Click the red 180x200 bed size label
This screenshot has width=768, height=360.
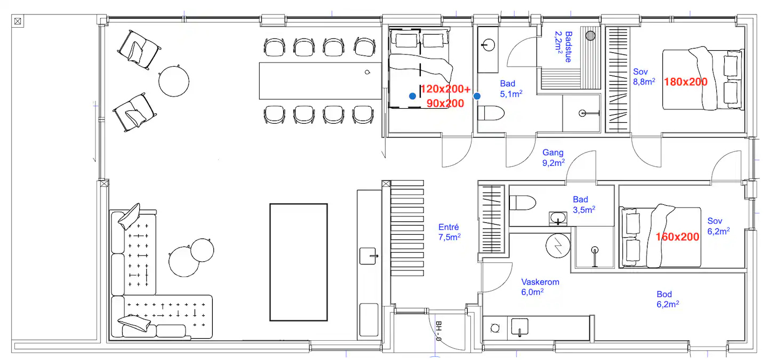click(686, 82)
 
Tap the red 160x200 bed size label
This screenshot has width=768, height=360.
click(677, 237)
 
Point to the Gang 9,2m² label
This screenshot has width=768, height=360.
click(554, 158)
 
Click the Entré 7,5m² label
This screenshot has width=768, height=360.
click(449, 232)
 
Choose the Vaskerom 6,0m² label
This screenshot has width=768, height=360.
click(540, 287)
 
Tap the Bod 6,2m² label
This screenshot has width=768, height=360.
click(668, 299)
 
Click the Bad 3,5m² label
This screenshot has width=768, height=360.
click(584, 205)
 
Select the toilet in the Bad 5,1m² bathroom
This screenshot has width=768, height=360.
click(491, 113)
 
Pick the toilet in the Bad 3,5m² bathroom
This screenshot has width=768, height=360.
click(523, 203)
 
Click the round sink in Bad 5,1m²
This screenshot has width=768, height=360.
click(488, 45)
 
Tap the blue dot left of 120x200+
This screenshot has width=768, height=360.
click(412, 97)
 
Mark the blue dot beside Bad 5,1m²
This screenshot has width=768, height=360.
click(477, 97)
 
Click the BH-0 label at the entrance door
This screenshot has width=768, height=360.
click(438, 331)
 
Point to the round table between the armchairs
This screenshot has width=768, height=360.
click(174, 81)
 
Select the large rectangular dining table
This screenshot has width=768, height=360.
click(320, 81)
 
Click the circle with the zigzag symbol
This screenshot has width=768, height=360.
click(558, 246)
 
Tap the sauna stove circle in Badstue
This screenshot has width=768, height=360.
click(590, 35)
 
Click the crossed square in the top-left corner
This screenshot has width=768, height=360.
click(18, 21)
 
